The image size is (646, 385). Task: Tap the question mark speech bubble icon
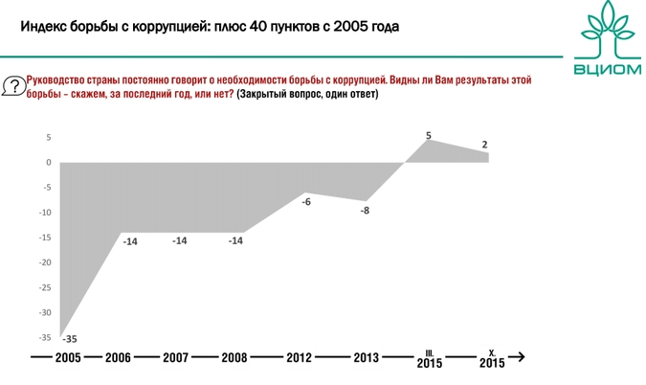[13, 86]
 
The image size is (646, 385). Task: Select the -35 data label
[69, 339]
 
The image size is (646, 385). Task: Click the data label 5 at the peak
[429, 134]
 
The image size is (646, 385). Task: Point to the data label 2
[485, 145]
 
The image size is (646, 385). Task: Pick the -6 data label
[306, 201]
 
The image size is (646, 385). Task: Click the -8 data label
[365, 210]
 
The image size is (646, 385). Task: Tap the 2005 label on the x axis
[68, 358]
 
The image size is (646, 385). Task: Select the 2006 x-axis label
[118, 358]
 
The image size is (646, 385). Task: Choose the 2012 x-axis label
[300, 358]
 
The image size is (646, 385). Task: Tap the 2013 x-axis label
[366, 358]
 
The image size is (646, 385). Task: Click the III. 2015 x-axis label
[430, 359]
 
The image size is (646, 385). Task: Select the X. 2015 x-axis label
[491, 359]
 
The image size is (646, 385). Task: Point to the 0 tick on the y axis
[48, 162]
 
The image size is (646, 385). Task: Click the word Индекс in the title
[43, 26]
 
